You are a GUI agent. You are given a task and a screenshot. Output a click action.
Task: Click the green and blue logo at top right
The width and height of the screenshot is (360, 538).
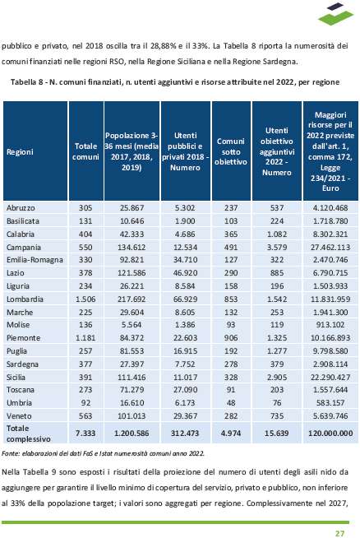click(335, 14)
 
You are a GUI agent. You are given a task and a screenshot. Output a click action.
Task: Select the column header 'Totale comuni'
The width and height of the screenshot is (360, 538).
click(85, 151)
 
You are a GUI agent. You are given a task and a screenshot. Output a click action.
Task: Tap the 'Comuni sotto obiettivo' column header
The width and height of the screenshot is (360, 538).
click(231, 151)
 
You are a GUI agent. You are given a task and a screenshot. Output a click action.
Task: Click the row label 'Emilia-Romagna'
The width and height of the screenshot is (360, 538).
click(35, 260)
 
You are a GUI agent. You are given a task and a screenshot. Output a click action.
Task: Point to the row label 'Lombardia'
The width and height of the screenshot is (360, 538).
click(25, 299)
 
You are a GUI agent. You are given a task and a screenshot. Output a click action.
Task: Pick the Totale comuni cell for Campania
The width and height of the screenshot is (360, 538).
click(85, 247)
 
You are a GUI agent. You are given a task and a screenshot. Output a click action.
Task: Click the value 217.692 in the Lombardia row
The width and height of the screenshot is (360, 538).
click(132, 299)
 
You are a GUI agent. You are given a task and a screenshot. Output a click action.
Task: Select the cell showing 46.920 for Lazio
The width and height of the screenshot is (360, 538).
click(185, 273)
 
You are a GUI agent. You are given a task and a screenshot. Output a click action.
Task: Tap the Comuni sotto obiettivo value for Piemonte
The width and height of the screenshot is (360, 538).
click(231, 337)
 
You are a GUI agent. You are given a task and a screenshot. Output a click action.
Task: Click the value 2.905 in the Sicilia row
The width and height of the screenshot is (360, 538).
click(277, 377)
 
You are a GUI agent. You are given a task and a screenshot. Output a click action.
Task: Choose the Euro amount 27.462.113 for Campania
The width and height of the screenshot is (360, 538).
click(330, 247)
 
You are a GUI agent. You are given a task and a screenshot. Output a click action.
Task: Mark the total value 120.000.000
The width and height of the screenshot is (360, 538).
click(330, 433)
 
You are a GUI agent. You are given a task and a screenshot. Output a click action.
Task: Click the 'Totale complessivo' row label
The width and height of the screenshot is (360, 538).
click(29, 434)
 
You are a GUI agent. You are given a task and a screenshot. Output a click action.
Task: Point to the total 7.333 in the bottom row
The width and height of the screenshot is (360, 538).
click(85, 433)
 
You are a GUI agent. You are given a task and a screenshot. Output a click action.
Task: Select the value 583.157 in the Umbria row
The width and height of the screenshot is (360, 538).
click(330, 402)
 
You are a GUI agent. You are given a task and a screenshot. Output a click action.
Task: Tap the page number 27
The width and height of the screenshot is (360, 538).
click(339, 533)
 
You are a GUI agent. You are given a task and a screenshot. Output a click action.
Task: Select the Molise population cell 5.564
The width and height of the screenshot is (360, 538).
click(132, 325)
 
